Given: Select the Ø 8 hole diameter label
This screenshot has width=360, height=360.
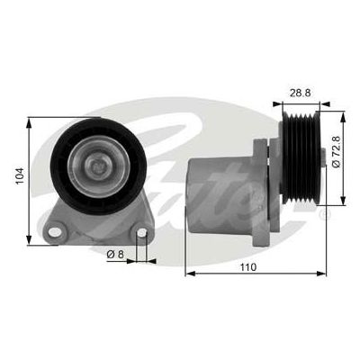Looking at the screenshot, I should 115,254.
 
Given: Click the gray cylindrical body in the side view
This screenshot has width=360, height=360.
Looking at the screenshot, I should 220,193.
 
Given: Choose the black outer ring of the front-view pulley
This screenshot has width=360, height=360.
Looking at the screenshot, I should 63,163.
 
